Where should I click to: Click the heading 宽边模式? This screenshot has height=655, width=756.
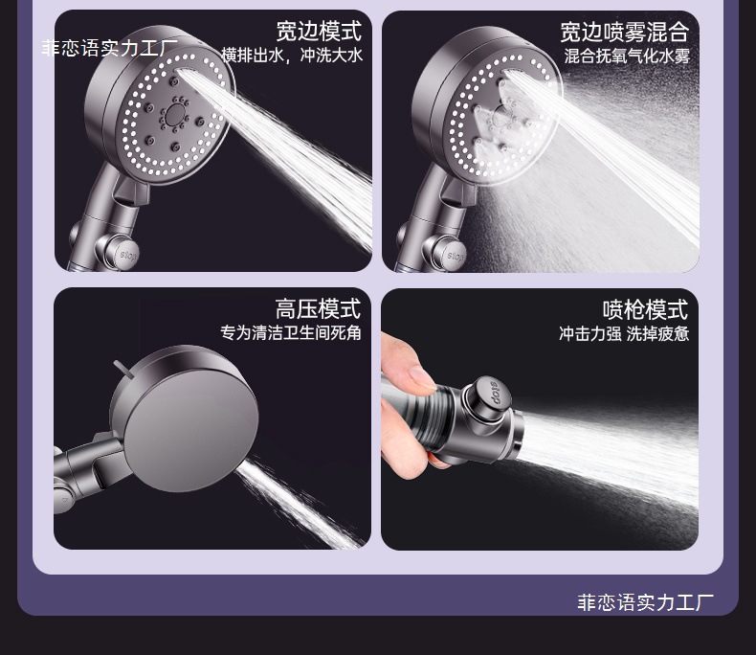pos(319,31)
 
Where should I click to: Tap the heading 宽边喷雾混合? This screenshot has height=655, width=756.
pos(624,32)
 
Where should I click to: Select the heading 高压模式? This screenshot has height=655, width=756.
pos(318,308)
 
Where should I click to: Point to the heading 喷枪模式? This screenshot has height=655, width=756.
pos(645,309)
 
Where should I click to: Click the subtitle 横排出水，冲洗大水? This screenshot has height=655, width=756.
pos(292,56)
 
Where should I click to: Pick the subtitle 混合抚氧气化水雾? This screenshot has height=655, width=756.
pos(626,56)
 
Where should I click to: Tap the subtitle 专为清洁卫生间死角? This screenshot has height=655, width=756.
pos(290,333)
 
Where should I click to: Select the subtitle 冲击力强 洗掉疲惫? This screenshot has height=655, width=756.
pos(624,334)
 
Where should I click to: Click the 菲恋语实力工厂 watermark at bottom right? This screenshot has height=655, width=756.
pos(645,602)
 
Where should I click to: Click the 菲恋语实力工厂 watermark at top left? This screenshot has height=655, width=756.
pos(109,48)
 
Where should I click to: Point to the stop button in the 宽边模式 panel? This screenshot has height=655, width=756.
pos(131,255)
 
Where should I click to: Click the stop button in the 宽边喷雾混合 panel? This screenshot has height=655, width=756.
pos(457,256)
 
